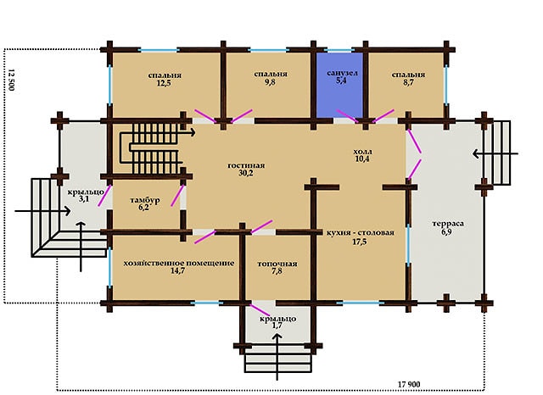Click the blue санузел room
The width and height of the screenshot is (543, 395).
(339, 85)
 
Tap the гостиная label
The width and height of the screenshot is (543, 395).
(246, 165)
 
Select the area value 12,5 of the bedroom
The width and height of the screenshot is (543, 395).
(164, 83)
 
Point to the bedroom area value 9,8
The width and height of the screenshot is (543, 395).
(270, 81)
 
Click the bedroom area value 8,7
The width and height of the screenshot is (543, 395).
(408, 83)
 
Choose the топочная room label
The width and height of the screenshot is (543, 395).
(277, 264)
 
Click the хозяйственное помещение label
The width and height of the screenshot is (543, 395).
(179, 263)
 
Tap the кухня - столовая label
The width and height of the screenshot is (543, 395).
(361, 232)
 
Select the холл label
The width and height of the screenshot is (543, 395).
(362, 152)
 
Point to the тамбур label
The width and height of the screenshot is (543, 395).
(145, 200)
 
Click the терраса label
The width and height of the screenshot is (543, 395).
(448, 224)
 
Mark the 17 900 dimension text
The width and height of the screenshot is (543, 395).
(409, 384)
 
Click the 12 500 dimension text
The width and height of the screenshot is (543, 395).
(11, 80)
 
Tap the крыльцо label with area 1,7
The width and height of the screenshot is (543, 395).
(277, 319)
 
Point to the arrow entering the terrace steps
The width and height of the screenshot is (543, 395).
(495, 153)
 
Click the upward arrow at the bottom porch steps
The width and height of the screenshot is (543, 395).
(277, 357)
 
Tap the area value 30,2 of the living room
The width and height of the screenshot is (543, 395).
(245, 173)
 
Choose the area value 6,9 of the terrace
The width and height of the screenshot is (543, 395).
(446, 231)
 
